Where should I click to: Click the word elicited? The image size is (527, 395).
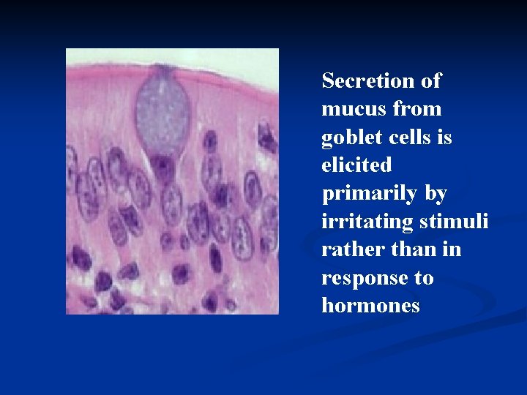pyautogui.click(x=356, y=165)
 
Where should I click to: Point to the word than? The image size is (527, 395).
pyautogui.click(x=407, y=249)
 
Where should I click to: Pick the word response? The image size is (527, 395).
pyautogui.click(x=360, y=279)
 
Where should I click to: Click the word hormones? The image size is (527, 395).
pyautogui.click(x=370, y=306)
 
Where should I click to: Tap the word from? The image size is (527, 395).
pyautogui.click(x=417, y=109)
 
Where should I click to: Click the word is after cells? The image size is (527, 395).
pyautogui.click(x=444, y=137)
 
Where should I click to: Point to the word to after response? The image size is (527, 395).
pyautogui.click(x=423, y=279)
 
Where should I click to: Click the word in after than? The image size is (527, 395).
pyautogui.click(x=451, y=249)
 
